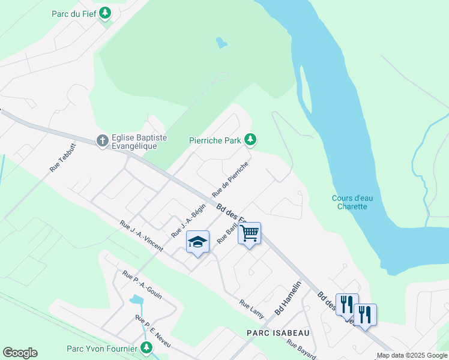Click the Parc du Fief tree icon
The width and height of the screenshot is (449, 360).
[x=105, y=13]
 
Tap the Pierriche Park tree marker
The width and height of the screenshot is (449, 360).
[x=250, y=140]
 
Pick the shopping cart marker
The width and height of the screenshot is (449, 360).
[x=249, y=233]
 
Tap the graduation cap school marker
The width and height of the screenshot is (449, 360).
[x=197, y=242]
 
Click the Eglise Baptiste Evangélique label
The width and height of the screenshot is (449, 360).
[x=139, y=142]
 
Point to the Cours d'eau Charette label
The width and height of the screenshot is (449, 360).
[x=349, y=202]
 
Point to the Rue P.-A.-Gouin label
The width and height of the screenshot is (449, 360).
[x=142, y=285]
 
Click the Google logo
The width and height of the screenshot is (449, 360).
[x=20, y=353]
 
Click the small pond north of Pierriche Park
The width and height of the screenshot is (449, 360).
[x=222, y=43]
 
